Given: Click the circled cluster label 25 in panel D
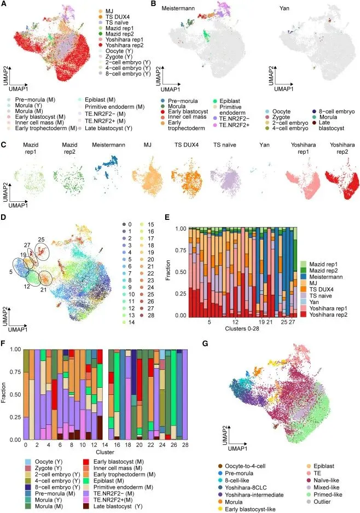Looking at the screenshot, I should click(42, 239).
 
